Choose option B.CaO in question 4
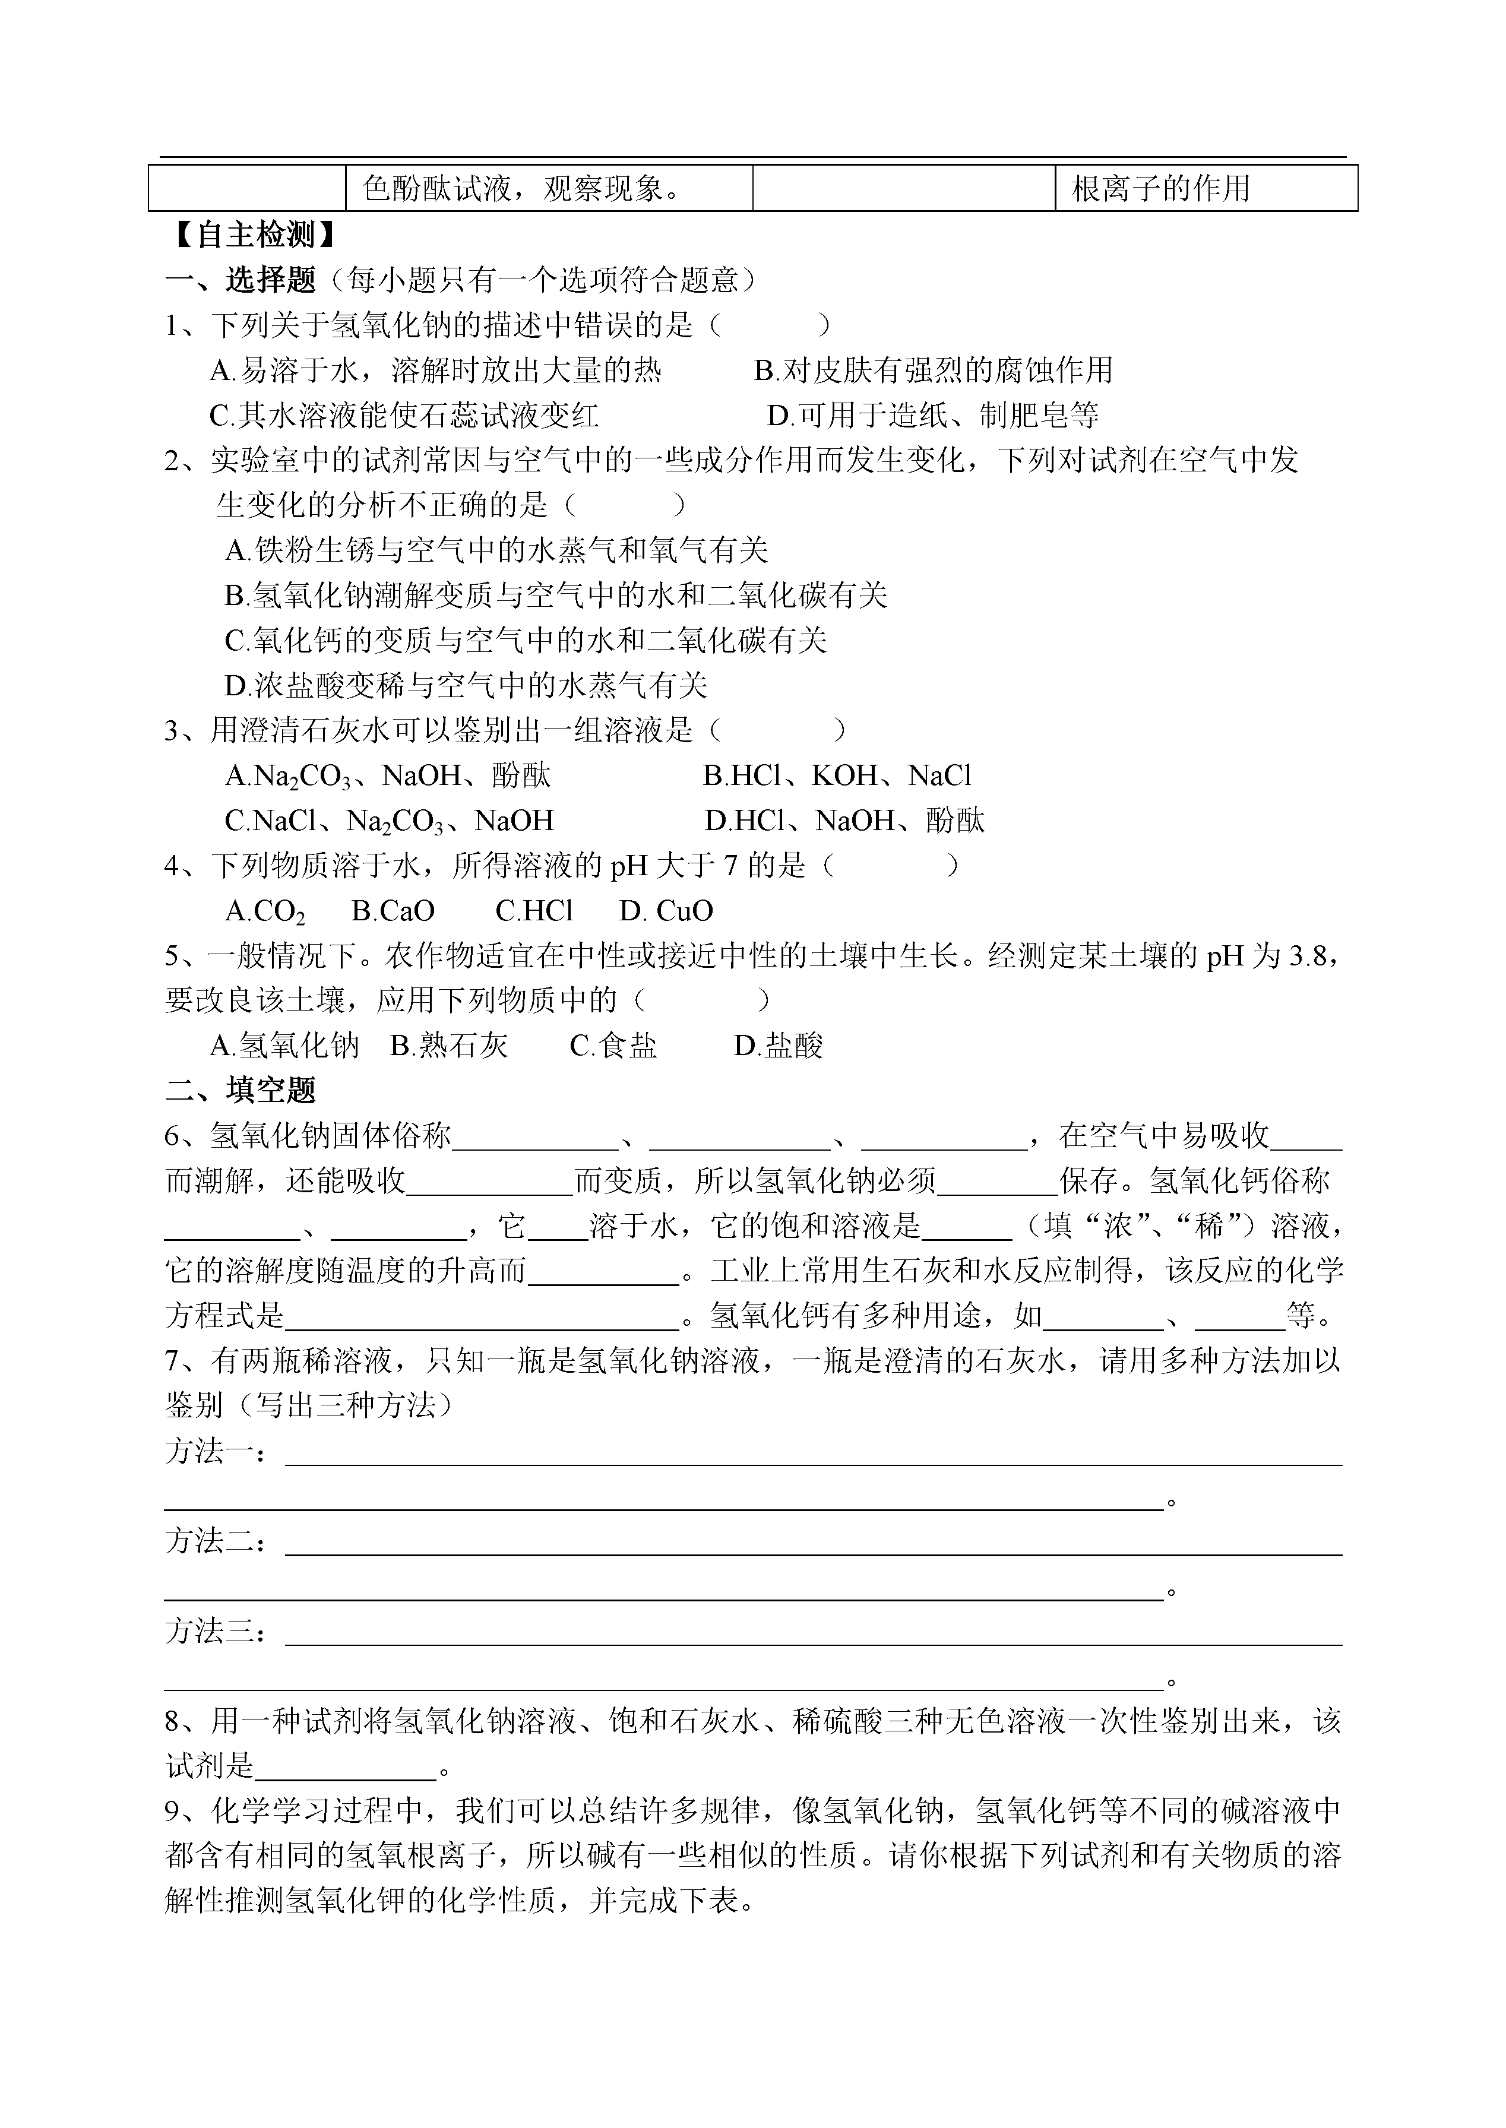tap(393, 911)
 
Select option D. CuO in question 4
tap(666, 911)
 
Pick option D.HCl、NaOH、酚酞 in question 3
tap(844, 821)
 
